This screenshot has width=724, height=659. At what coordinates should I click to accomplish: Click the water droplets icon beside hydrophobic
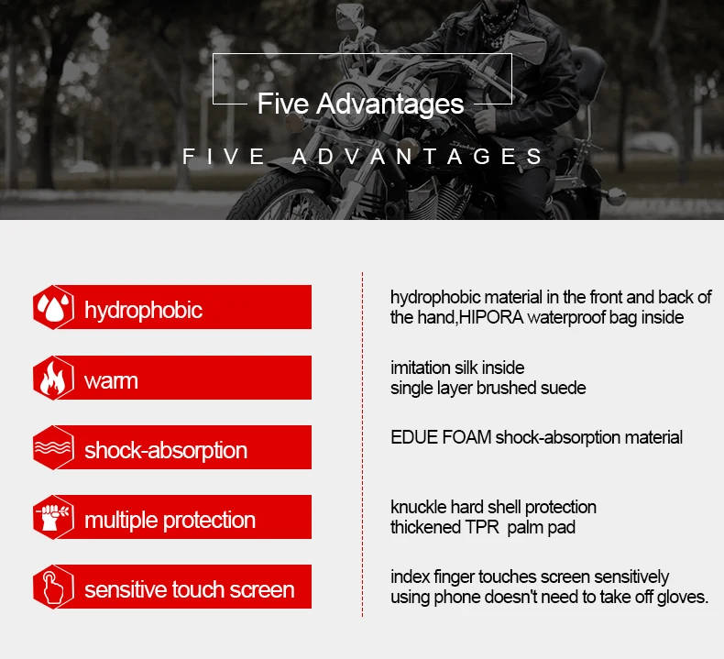click(x=53, y=308)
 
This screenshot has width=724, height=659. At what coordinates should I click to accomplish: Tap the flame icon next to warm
click(x=53, y=379)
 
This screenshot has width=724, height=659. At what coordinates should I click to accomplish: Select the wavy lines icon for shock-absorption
click(x=53, y=448)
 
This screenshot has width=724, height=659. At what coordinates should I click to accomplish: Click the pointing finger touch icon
click(x=53, y=588)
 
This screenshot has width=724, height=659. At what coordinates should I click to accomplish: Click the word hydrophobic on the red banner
click(x=143, y=310)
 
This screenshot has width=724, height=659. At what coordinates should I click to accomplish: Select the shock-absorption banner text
click(x=166, y=451)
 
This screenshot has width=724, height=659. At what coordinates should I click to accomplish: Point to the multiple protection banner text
click(x=170, y=521)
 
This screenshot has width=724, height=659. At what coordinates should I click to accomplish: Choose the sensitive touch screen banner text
click(x=190, y=589)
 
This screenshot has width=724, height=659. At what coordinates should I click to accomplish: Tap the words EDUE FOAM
click(x=441, y=437)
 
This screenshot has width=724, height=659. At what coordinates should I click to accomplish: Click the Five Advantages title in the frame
click(x=360, y=104)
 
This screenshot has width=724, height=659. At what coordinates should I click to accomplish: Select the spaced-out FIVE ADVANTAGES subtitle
click(x=363, y=157)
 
